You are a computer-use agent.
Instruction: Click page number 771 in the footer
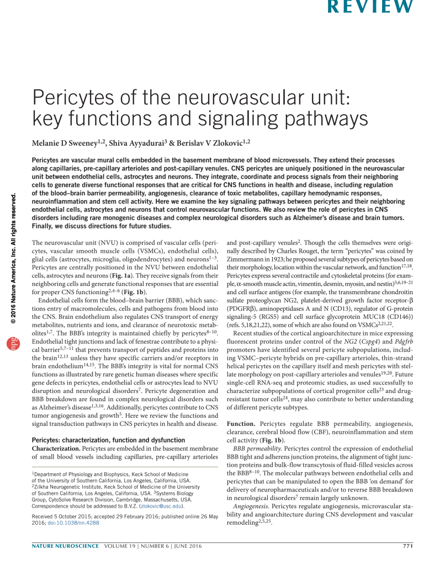tap(407, 546)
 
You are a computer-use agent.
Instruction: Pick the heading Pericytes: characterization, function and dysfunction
tap(108, 440)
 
